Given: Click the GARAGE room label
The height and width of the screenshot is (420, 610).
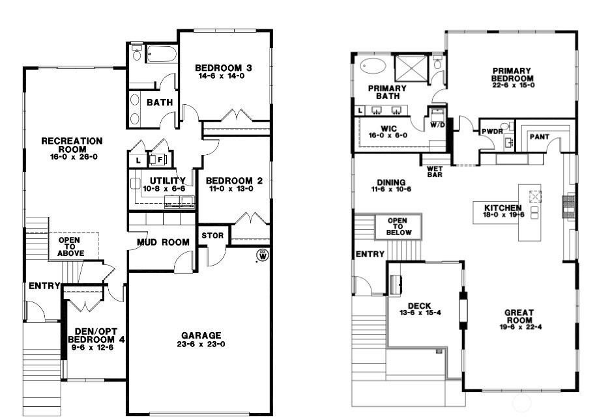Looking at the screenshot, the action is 201,335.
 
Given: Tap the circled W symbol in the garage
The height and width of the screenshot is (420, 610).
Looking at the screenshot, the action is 263,256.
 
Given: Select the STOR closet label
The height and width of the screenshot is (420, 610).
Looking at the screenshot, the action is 212,236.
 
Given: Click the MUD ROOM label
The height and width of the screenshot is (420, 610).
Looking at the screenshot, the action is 163,242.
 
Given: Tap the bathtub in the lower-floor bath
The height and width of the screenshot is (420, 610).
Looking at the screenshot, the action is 161,54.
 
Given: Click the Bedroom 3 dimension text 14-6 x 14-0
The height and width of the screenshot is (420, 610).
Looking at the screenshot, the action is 222,76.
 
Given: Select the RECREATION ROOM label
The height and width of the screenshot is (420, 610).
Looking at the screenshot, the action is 72,145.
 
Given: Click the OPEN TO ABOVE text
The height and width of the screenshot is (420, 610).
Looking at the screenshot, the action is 71,247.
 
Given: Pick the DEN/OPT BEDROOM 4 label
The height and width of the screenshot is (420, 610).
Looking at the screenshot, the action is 96,336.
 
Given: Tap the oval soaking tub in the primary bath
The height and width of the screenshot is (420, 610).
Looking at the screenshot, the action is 373,66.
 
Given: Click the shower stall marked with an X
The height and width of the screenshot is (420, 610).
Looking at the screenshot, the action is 411,69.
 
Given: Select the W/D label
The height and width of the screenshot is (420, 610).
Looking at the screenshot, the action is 437,126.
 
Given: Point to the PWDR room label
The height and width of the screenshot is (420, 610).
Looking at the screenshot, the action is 492,132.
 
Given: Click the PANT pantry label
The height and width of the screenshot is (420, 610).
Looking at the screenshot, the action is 539,137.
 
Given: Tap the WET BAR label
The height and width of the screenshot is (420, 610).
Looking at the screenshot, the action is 435,172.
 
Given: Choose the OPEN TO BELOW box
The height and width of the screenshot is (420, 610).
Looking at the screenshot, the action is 398,227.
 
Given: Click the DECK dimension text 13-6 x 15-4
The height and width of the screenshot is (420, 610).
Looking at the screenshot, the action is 420,313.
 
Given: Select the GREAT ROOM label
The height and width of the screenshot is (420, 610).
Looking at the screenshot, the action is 519,316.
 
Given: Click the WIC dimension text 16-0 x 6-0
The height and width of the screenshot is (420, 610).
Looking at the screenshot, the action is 388,135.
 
